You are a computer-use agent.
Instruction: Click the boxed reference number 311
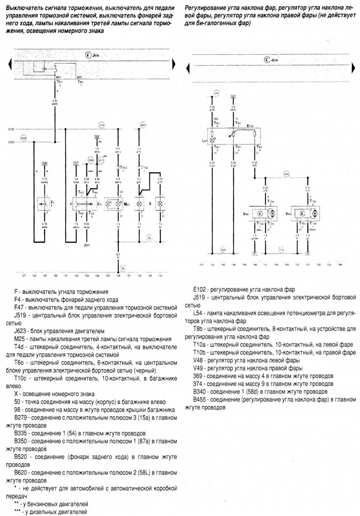pyautogui.click(x=76, y=163)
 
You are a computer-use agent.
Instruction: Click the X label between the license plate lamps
pyautogui.click(x=150, y=204)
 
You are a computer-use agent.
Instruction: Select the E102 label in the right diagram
pyautogui.click(x=251, y=126)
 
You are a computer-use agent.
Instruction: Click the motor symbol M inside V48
pyautogui.click(x=272, y=214)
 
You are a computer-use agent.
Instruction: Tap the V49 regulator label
pyautogui.click(x=288, y=214)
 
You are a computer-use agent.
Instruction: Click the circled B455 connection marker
pyautogui.click(x=286, y=174)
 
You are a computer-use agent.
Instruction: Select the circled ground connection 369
pyautogui.click(x=223, y=250)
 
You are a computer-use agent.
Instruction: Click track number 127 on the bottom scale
pyautogui.click(x=23, y=276)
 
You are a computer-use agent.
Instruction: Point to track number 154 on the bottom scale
pyautogui.click(x=339, y=265)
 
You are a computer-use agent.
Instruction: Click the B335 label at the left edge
pyautogui.click(x=11, y=130)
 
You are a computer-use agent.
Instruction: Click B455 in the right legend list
pyautogui.click(x=200, y=399)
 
